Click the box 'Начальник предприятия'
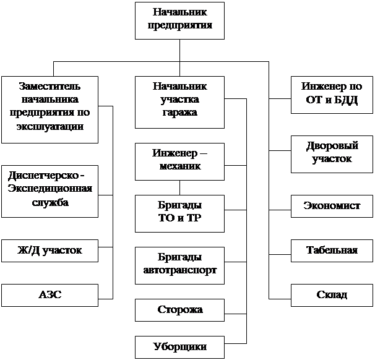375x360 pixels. tap(179, 20)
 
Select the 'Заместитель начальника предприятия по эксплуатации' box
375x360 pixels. tap(50, 109)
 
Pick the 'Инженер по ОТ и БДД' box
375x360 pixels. tap(332, 94)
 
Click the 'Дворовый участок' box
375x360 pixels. tap(332, 153)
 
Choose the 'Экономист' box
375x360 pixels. tap(332, 206)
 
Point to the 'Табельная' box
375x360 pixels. tap(332, 251)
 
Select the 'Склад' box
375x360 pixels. tap(332, 295)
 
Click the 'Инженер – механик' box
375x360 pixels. tap(179, 161)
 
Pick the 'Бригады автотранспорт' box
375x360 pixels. tap(179, 264)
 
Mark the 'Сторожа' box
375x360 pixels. tap(179, 309)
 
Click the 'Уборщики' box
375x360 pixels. tap(179, 346)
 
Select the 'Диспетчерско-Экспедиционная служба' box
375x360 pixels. tap(50, 191)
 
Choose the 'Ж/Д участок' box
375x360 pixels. tap(50, 251)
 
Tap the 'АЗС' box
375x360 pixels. tap(50, 295)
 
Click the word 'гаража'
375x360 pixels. tap(179, 113)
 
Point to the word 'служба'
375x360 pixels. tap(50, 203)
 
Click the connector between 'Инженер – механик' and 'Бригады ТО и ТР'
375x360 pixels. tap(179, 187)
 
